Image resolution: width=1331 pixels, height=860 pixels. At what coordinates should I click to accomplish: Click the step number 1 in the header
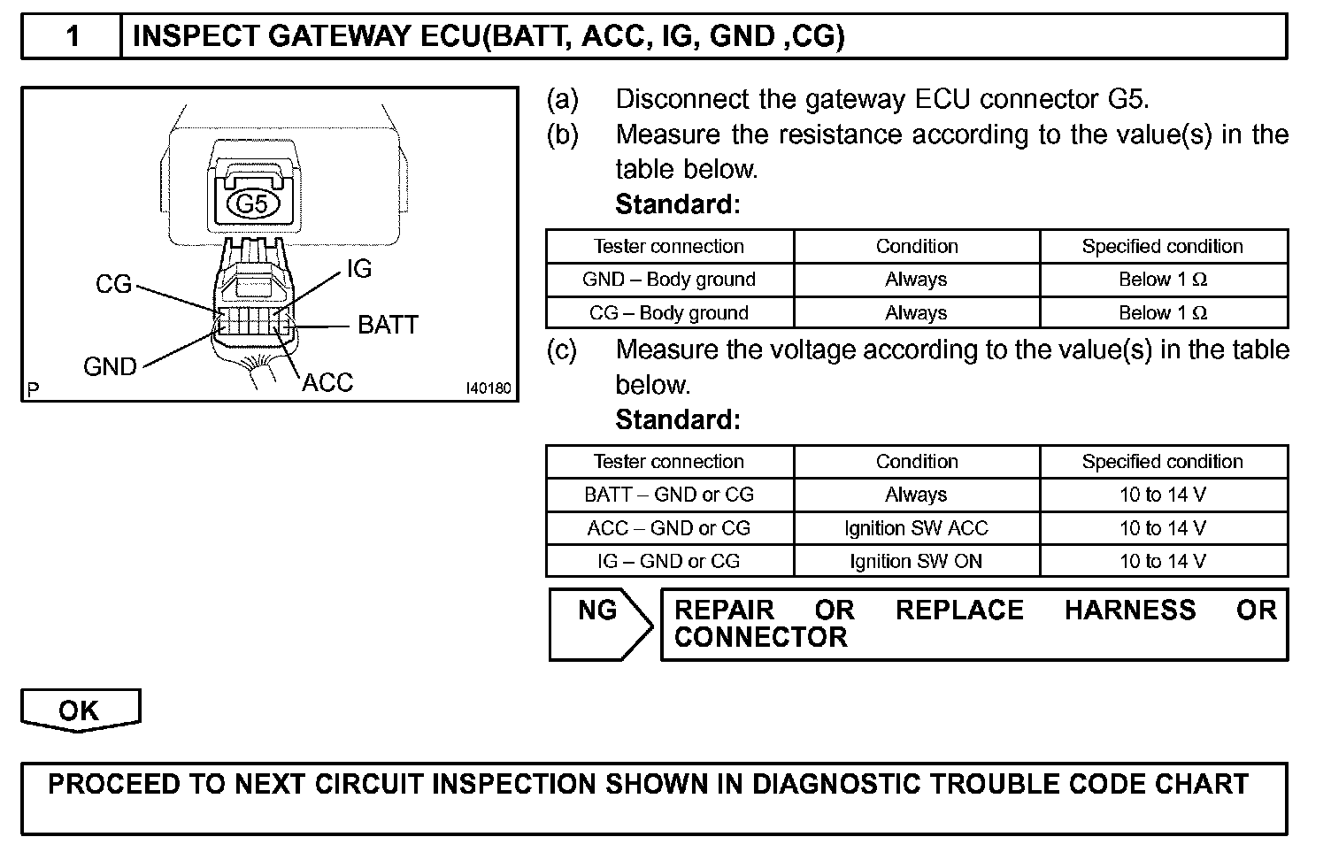click(73, 36)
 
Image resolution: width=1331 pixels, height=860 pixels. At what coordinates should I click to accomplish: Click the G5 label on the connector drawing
click(252, 205)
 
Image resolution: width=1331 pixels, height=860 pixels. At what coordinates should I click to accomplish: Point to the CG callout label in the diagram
click(113, 284)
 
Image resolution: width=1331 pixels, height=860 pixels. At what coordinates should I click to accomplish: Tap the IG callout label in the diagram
click(359, 269)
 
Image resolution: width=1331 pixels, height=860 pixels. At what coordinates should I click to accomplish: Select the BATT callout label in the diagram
click(388, 325)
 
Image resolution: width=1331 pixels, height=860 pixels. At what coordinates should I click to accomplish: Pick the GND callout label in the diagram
click(110, 367)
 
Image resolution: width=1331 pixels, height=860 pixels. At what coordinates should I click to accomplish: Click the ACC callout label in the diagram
click(327, 383)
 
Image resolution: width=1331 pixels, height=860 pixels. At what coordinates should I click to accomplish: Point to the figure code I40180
click(489, 388)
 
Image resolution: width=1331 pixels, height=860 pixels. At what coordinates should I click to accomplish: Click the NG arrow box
click(598, 623)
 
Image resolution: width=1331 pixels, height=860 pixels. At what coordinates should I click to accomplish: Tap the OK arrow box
click(80, 710)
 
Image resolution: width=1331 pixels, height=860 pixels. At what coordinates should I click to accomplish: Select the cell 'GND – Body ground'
click(669, 280)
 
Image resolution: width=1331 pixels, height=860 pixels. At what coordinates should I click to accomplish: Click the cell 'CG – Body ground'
click(669, 313)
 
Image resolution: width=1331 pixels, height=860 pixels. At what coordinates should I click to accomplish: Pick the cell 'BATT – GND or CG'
click(669, 495)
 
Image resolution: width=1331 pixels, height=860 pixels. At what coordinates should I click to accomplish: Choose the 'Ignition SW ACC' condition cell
click(916, 528)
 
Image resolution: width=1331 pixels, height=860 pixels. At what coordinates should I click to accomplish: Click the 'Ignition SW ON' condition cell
click(916, 561)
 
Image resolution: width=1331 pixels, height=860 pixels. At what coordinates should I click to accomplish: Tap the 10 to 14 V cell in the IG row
click(1163, 561)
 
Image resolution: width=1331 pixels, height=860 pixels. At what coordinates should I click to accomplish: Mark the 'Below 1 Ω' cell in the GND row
click(1163, 280)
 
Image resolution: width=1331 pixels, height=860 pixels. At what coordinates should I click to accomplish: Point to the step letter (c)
click(562, 350)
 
